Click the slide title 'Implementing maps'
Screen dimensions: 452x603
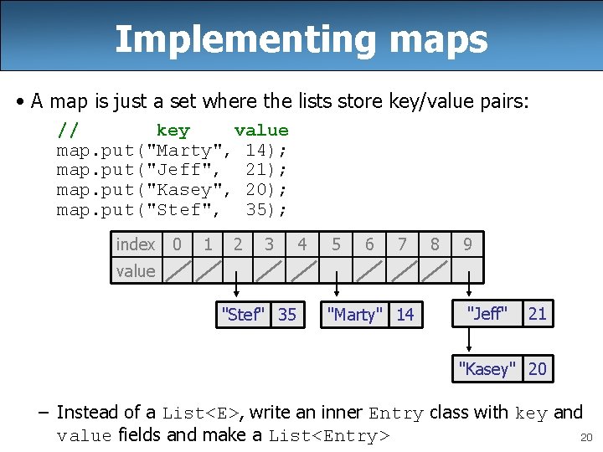click(301, 39)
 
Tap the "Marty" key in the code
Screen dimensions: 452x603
click(185, 151)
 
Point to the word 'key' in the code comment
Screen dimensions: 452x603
click(173, 131)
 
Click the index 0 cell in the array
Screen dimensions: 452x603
click(177, 244)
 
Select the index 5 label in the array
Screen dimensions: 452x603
click(336, 244)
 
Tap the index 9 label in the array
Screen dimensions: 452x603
click(467, 244)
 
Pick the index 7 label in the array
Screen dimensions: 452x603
click(402, 244)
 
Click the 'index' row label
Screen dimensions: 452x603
click(136, 244)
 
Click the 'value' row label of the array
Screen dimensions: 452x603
click(136, 270)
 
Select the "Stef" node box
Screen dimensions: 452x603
click(243, 315)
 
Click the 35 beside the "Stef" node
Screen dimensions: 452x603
click(287, 315)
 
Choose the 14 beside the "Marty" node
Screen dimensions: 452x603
click(405, 315)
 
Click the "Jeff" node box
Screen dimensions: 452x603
click(487, 314)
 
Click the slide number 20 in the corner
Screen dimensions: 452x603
click(585, 437)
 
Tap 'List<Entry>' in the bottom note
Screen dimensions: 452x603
click(329, 436)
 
